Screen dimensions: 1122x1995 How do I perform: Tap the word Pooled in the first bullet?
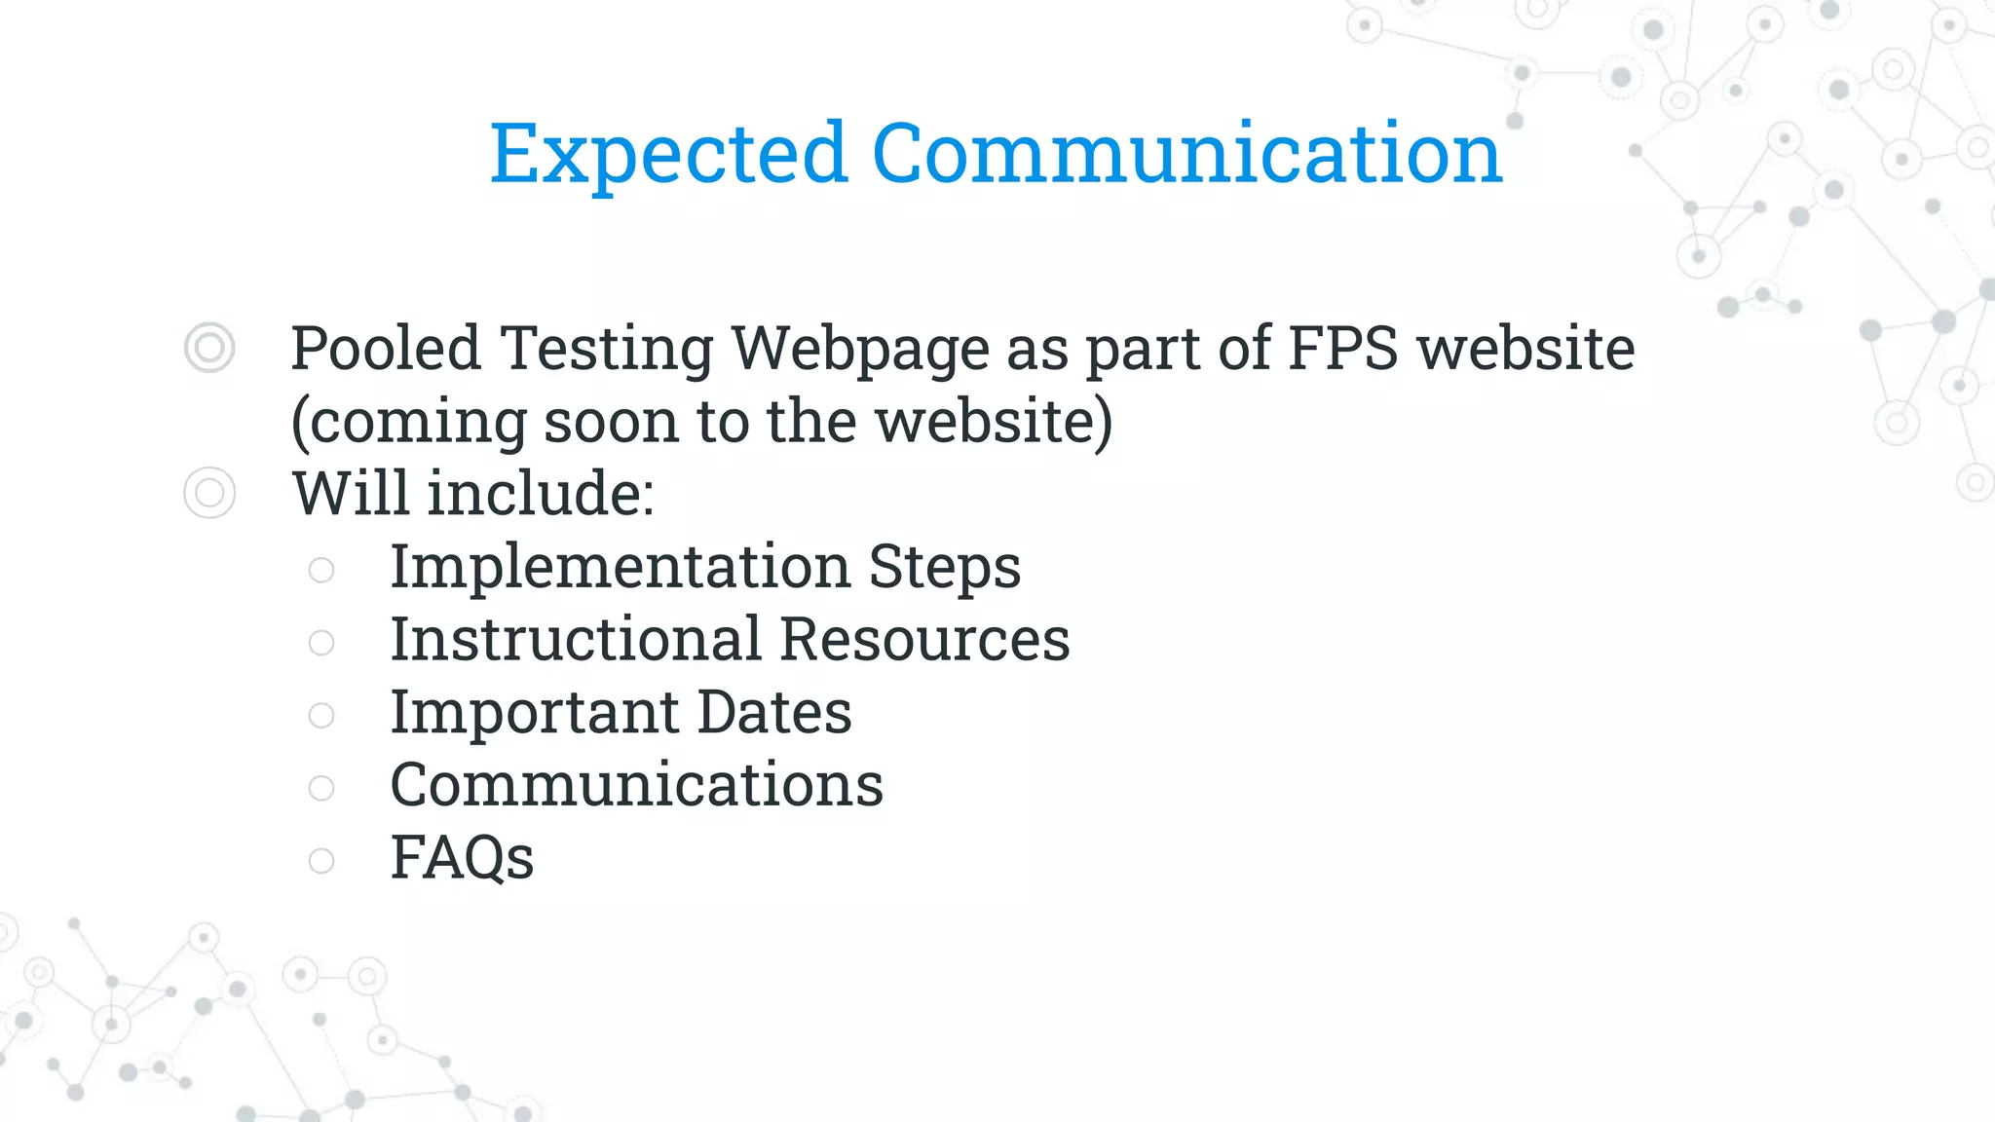coord(386,348)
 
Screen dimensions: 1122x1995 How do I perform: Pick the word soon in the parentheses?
coord(611,422)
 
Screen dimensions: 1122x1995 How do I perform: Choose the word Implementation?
coord(621,567)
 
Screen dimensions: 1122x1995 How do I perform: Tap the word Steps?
coord(944,567)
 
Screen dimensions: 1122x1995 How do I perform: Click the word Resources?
coord(924,639)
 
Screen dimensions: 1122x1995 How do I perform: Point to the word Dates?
coord(774,712)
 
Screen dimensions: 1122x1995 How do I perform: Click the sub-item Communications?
coord(637,785)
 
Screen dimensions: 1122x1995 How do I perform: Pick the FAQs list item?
coord(462,858)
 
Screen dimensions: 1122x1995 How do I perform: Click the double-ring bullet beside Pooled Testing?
coord(209,348)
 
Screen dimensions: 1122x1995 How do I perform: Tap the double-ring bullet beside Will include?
coord(209,493)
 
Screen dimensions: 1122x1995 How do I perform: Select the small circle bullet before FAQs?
coord(321,860)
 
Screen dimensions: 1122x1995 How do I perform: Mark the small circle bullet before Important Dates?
coord(321,715)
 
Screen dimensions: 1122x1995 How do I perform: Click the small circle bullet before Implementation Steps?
coord(321,570)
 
